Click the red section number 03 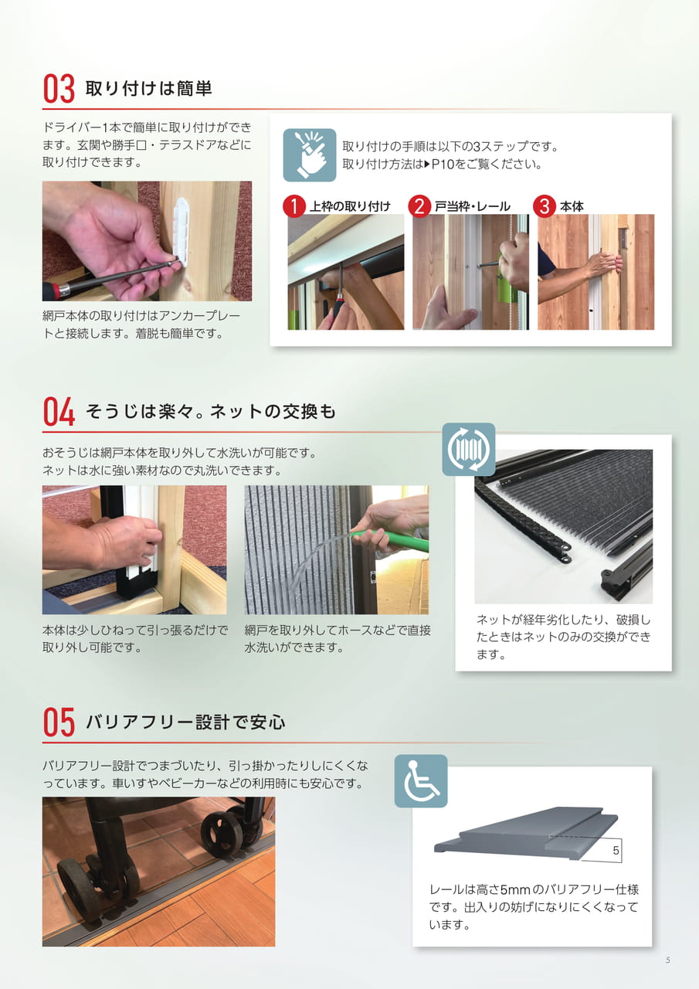(x=59, y=89)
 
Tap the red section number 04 (x=59, y=412)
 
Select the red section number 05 (x=59, y=722)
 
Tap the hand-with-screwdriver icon (x=310, y=155)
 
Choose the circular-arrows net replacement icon (x=469, y=450)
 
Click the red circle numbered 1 (x=294, y=206)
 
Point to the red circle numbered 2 (x=419, y=206)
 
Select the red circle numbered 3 (x=545, y=206)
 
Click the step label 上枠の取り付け (x=351, y=206)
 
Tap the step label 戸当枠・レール (x=473, y=206)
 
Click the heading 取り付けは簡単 (x=149, y=89)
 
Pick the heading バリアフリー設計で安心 (x=185, y=722)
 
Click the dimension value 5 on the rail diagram (x=616, y=851)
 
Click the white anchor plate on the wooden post (x=183, y=232)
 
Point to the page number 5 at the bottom (x=667, y=960)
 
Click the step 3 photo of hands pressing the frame (x=596, y=272)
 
